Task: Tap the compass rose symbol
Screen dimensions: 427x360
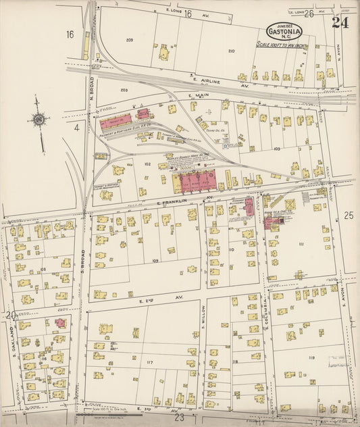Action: pyautogui.click(x=39, y=120)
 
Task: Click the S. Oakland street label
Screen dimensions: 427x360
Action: pyautogui.click(x=12, y=336)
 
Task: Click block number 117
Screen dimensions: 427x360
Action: pyautogui.click(x=149, y=363)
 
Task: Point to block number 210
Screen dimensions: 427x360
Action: pyautogui.click(x=232, y=51)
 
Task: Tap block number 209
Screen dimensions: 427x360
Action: pyautogui.click(x=129, y=40)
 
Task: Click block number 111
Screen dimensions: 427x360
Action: pyautogui.click(x=301, y=243)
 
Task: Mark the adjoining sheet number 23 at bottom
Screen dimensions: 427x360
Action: pyautogui.click(x=180, y=418)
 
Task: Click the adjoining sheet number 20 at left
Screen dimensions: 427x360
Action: pyautogui.click(x=10, y=315)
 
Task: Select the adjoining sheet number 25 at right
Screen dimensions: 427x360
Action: pyautogui.click(x=349, y=216)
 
